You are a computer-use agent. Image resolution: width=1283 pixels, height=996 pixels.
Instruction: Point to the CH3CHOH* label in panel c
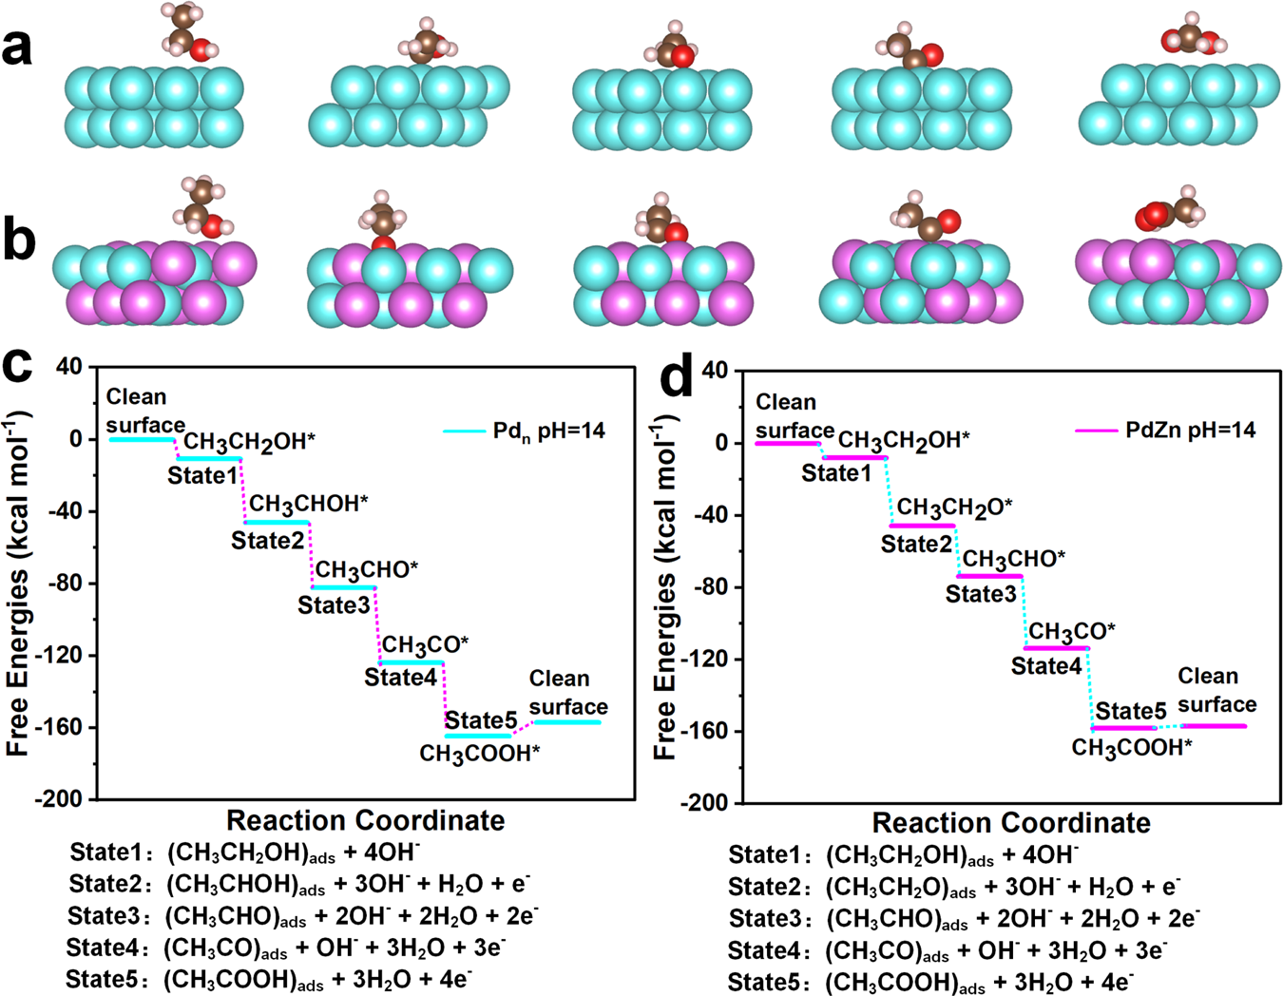click(x=309, y=504)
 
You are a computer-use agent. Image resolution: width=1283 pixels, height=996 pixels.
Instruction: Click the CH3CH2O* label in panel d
click(x=954, y=508)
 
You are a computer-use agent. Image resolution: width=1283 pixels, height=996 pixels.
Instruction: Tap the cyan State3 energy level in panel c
click(x=344, y=587)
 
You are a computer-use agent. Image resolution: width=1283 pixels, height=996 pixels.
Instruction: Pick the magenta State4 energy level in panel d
click(x=1056, y=648)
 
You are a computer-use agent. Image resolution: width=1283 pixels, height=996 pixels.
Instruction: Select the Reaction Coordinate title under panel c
click(x=366, y=820)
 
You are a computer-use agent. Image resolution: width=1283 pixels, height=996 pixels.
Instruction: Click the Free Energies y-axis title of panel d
click(x=666, y=585)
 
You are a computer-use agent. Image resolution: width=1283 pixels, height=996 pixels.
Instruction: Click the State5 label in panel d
click(x=1131, y=711)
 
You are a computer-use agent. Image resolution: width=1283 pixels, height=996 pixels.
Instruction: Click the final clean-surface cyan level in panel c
click(x=567, y=722)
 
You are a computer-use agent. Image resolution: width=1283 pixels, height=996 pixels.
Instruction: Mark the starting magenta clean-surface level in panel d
click(x=787, y=443)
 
